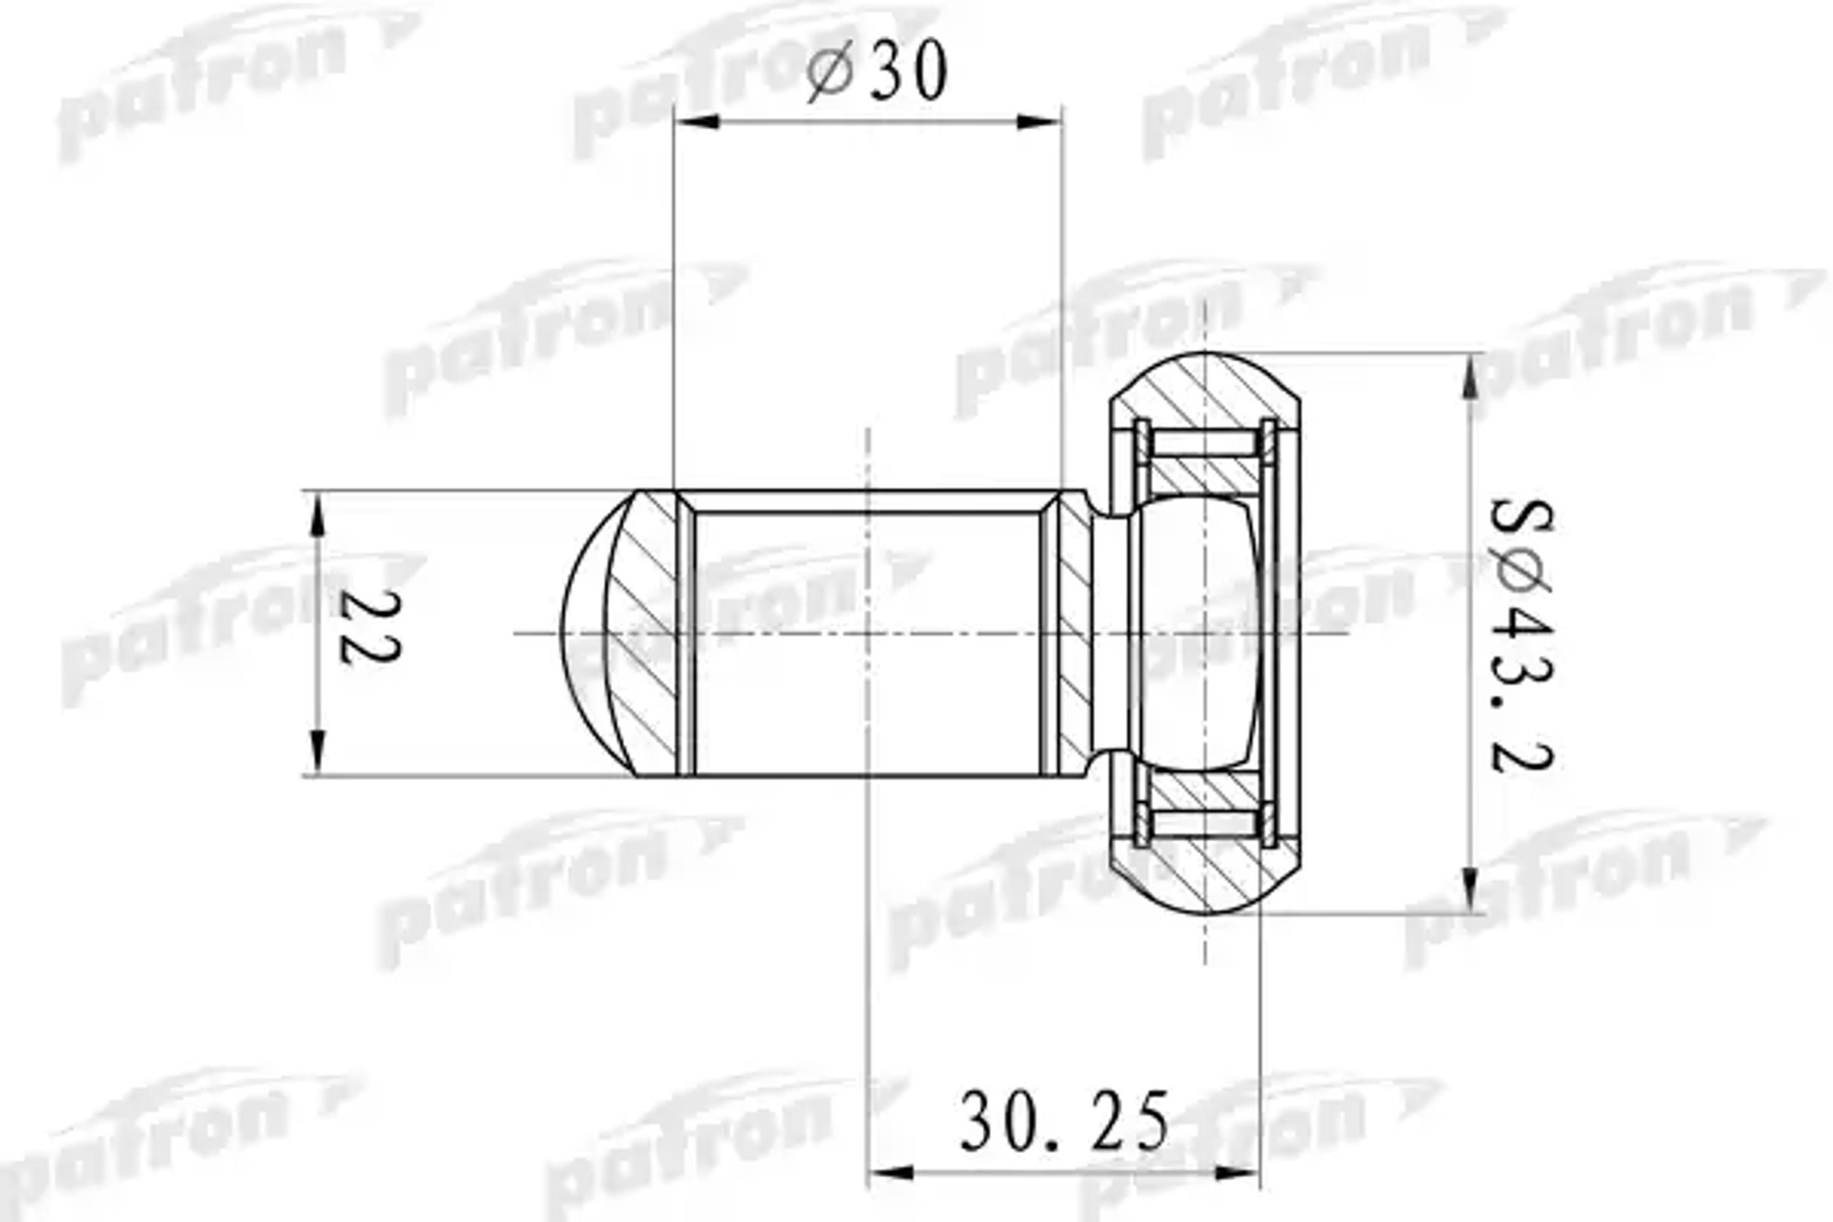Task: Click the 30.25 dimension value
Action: (1064, 1122)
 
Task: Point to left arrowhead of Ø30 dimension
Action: (696, 121)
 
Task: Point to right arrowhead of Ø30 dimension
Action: (1039, 121)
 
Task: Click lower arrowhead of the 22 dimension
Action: (316, 752)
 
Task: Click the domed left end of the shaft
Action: (584, 633)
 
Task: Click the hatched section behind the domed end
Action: (643, 633)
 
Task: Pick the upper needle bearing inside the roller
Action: (1205, 445)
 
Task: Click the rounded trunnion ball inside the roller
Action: (1196, 633)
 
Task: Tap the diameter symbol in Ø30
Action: (829, 73)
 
